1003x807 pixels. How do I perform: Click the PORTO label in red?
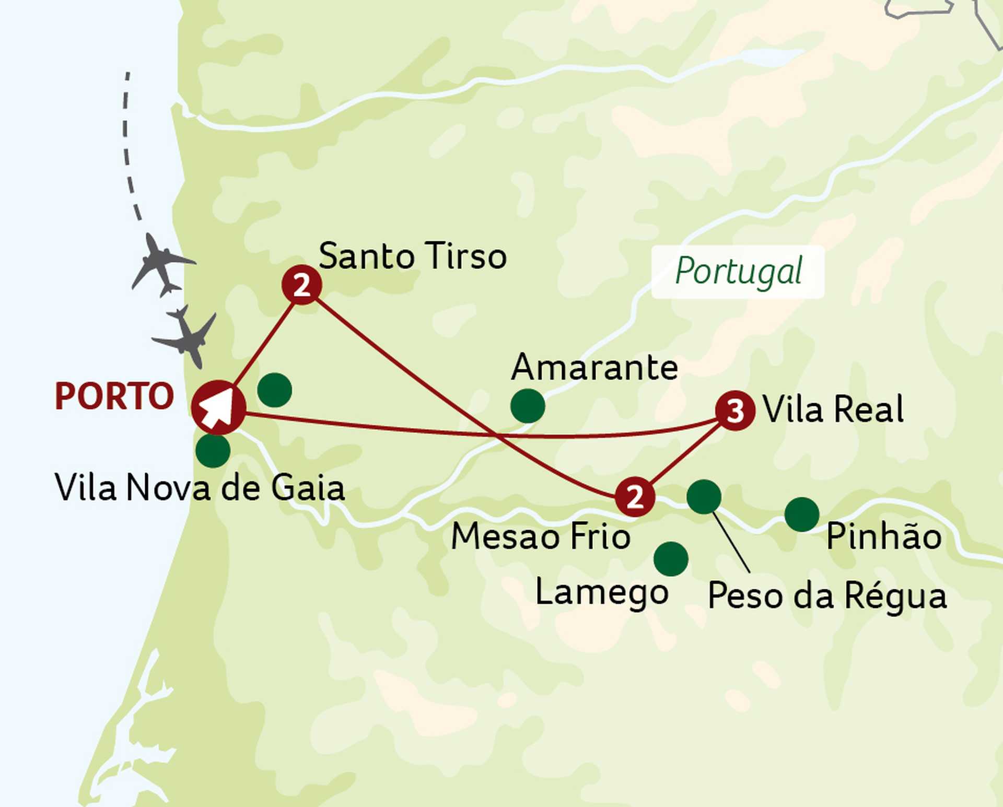pos(114,396)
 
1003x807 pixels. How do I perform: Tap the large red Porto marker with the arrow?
pos(218,407)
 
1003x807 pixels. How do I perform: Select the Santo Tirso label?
pos(413,256)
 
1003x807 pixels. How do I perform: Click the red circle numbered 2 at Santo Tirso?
pos(301,285)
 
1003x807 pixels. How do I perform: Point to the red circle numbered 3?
pos(735,411)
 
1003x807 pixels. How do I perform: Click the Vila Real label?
pos(833,409)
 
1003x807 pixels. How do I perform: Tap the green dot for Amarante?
pos(528,406)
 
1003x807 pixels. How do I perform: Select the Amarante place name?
pos(594,367)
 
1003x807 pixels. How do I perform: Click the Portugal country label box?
pos(738,272)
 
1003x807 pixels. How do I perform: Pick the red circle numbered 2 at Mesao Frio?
pos(635,497)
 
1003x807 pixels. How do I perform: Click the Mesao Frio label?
pos(541,536)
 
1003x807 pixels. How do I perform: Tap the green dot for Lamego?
pos(671,559)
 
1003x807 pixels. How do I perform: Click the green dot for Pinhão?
pos(802,514)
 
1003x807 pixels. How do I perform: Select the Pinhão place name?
pos(884,536)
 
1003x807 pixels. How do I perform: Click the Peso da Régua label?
pos(827,596)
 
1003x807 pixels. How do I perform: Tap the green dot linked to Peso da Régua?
pos(704,497)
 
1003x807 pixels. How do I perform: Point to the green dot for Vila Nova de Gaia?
pos(213,450)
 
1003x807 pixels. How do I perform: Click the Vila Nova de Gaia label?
pos(200,488)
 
